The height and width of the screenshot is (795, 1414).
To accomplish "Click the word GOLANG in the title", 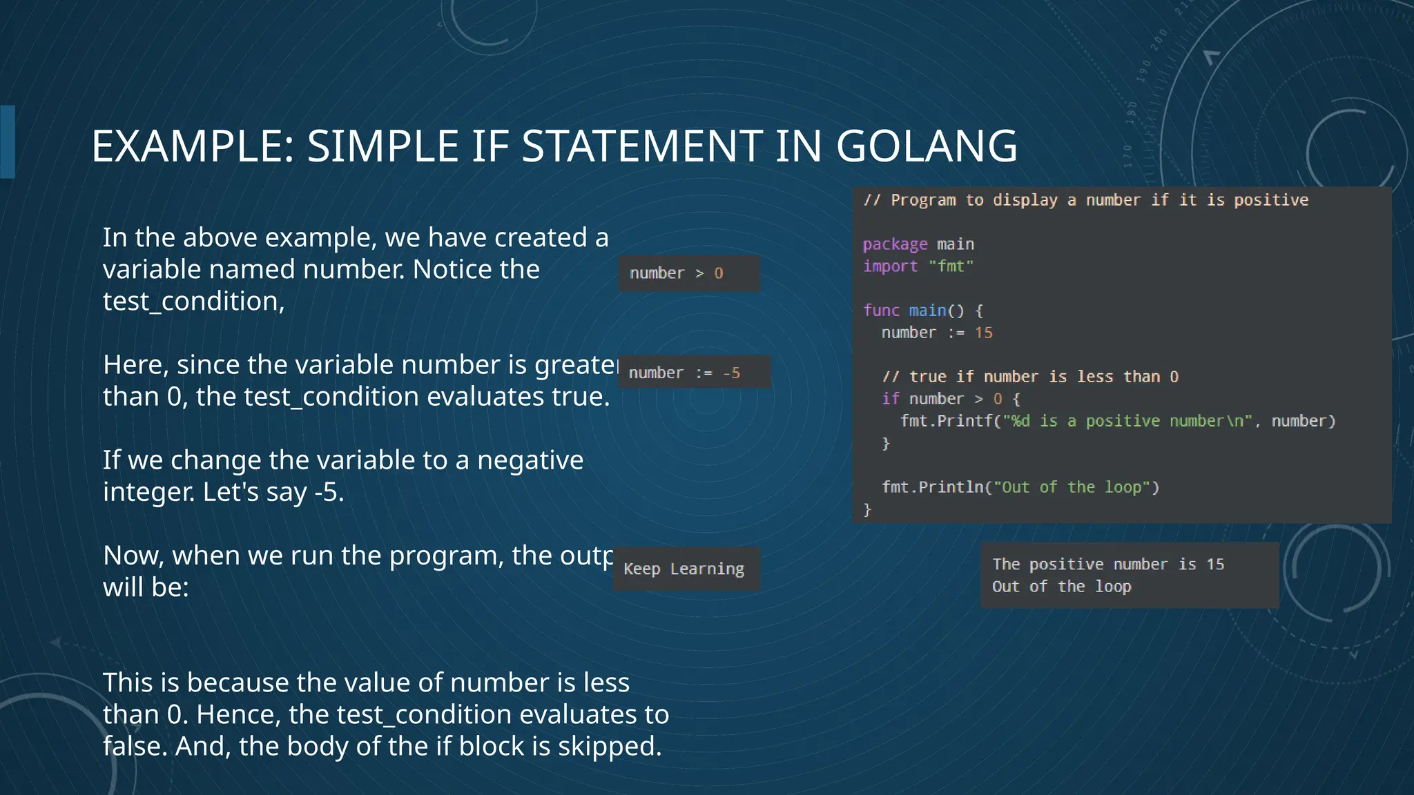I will tap(926, 146).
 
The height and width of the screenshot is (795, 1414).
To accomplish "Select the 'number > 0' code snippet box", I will tap(688, 273).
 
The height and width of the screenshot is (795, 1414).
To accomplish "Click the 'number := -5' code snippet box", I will tap(693, 373).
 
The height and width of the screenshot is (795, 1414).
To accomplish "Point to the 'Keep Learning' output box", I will tap(686, 569).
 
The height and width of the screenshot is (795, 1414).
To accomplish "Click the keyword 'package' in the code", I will tap(895, 244).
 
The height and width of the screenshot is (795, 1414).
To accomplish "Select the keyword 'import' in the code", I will tap(890, 266).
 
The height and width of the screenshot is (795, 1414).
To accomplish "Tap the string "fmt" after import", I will tap(951, 266).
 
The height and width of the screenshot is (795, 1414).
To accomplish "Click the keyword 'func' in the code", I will tap(881, 311).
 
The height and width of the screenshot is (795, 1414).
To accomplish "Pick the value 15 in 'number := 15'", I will tap(983, 333).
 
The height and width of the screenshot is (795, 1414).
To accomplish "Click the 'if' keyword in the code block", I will tap(890, 399).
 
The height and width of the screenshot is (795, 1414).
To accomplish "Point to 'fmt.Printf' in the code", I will tap(946, 421).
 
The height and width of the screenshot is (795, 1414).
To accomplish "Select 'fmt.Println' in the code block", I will tap(932, 487).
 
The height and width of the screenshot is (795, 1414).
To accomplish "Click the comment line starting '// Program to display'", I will tap(1085, 200).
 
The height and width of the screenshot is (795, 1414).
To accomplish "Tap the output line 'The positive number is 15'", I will tap(1107, 565).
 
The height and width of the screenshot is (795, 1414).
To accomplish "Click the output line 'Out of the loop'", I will tap(1061, 587).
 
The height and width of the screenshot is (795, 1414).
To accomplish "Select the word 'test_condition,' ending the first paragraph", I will tap(193, 302).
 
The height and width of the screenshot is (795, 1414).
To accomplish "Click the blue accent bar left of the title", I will tap(8, 141).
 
